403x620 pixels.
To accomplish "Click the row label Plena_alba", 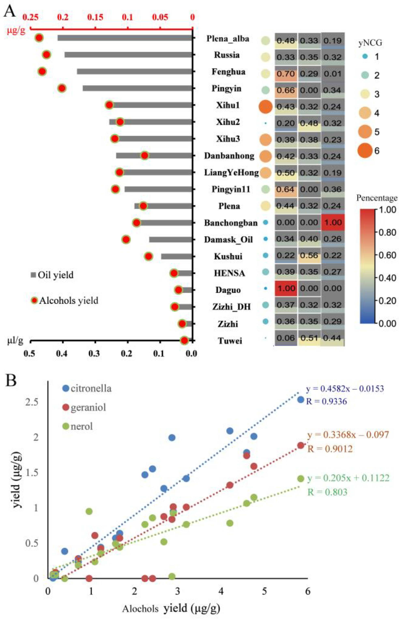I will [228, 39].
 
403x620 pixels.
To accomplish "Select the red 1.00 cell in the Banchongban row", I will [333, 222].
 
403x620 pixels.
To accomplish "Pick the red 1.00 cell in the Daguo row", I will [286, 288].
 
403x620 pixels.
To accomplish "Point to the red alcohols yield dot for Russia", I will [47, 55].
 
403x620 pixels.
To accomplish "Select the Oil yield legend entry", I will [52, 275].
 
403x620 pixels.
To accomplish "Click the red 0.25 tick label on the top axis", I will [29, 17].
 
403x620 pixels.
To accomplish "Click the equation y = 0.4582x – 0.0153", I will [345, 389].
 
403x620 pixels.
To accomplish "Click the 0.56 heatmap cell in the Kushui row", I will [310, 255].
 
